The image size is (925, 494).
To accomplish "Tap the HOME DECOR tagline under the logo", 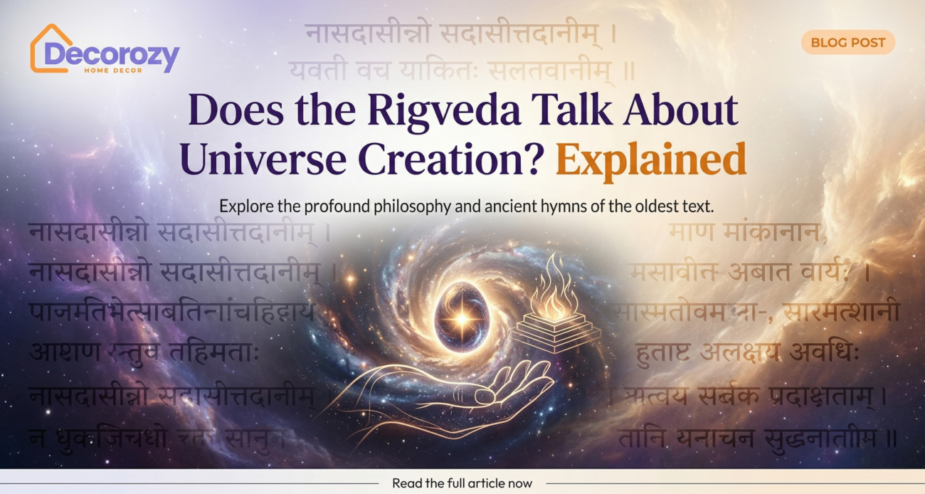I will pos(112,70).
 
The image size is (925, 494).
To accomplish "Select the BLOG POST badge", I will pos(847,43).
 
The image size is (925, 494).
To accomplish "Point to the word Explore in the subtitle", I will pos(243,206).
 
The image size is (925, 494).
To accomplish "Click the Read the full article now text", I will pos(462,483).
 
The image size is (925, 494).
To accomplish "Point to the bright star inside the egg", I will pos(462,317).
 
